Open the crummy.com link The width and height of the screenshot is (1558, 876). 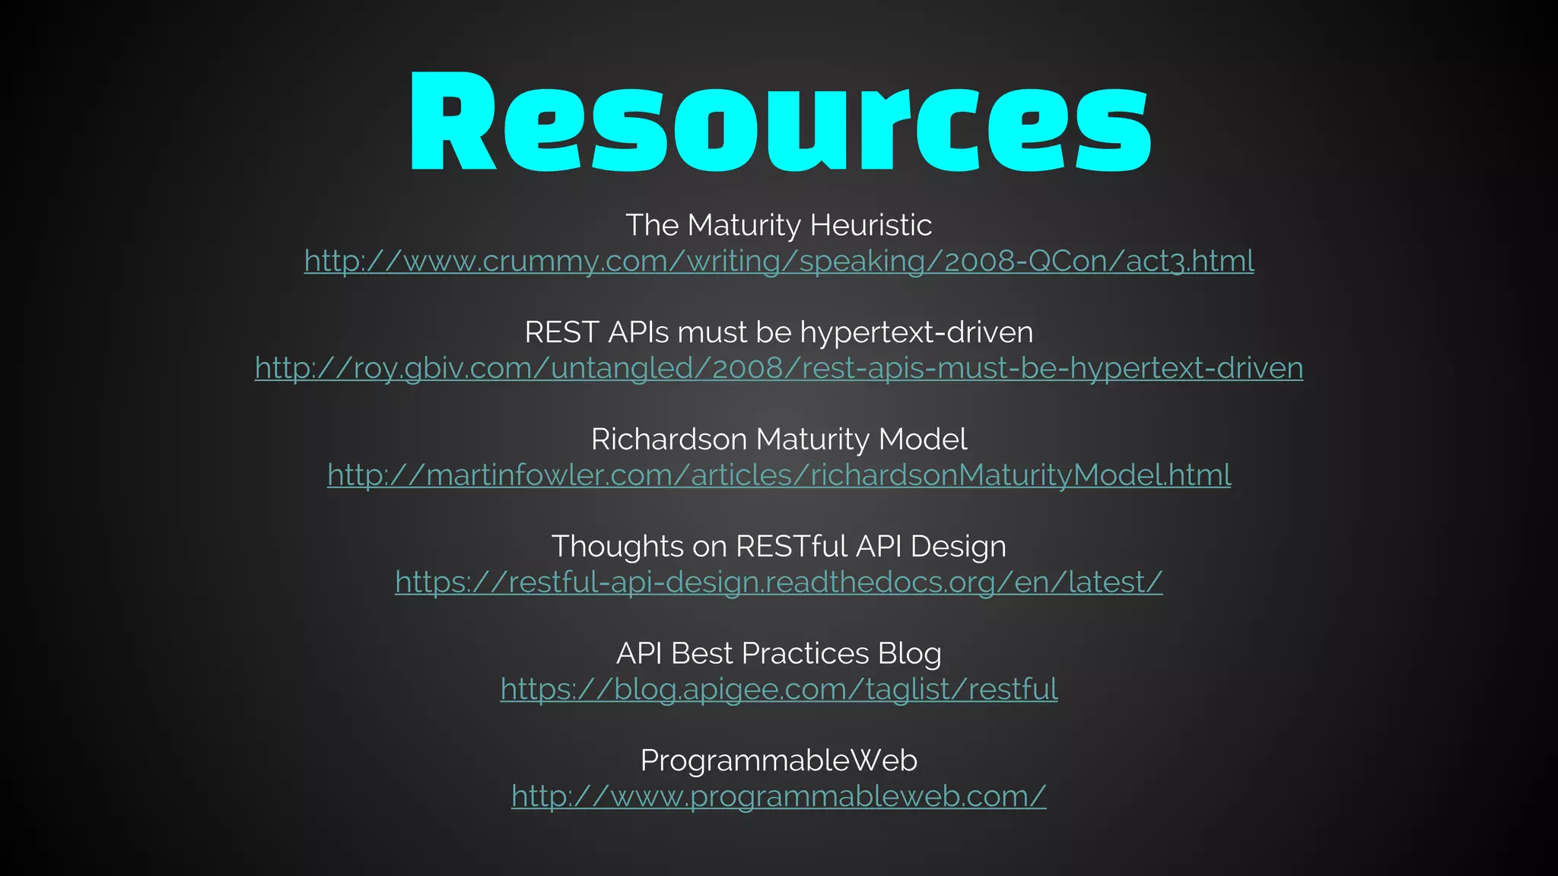click(x=779, y=261)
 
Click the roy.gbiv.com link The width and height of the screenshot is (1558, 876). click(x=779, y=368)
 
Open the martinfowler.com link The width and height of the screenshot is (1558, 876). click(x=779, y=475)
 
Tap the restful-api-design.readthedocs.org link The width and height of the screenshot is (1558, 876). click(x=779, y=582)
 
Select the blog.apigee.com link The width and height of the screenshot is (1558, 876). click(x=779, y=690)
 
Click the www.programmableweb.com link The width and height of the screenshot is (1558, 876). click(x=779, y=796)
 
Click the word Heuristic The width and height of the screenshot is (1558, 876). click(x=870, y=225)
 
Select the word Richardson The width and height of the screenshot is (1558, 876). click(x=669, y=440)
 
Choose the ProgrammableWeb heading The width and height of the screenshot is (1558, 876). click(x=779, y=760)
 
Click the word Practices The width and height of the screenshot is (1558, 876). click(x=805, y=654)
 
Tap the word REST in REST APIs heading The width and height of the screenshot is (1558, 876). click(x=561, y=332)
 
